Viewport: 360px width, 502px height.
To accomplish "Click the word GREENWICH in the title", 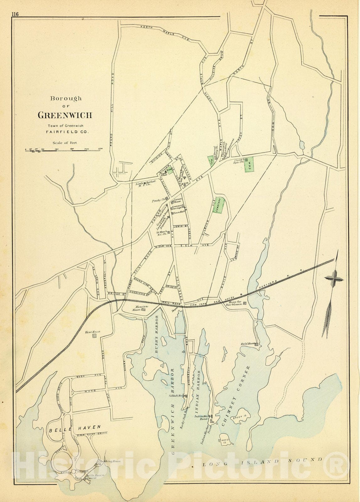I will (x=65, y=115).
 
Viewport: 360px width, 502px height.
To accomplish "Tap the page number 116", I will (x=15, y=14).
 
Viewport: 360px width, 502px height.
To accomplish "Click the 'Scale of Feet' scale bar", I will (x=63, y=150).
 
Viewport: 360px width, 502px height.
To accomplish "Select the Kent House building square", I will (x=94, y=336).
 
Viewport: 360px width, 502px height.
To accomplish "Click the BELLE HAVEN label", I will (x=75, y=427).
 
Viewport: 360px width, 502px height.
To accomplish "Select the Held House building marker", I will (x=257, y=344).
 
